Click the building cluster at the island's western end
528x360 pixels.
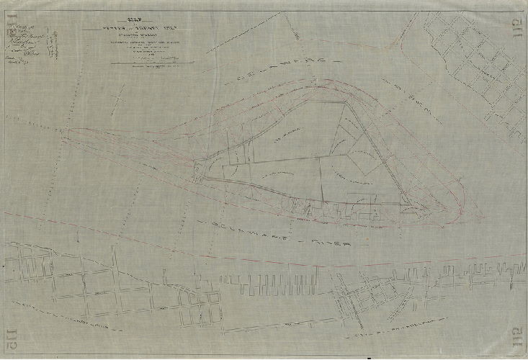(200, 171)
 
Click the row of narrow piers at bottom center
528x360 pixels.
(288, 283)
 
